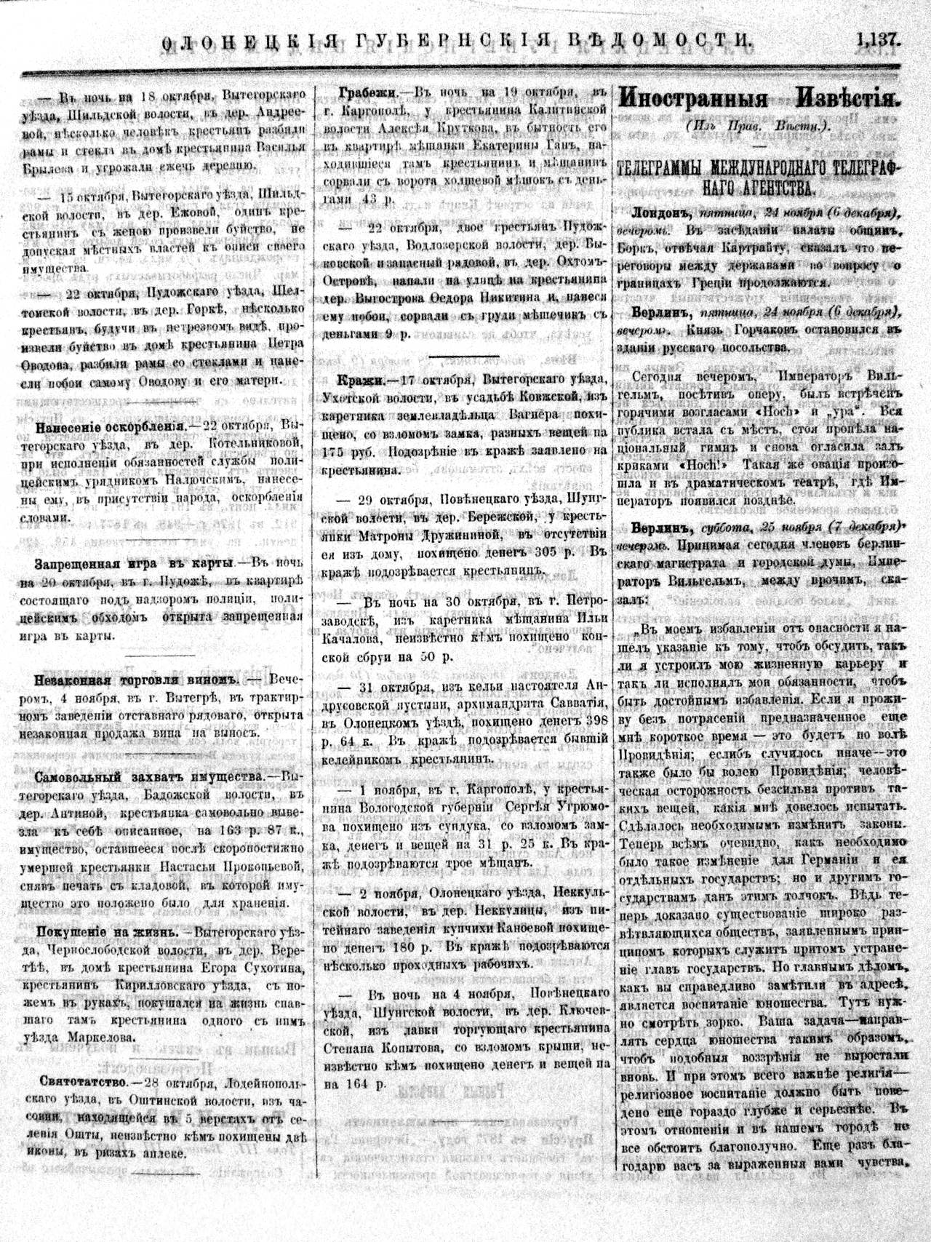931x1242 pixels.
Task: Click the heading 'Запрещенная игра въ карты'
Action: click(132, 564)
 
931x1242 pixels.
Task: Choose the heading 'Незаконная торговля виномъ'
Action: click(137, 680)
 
